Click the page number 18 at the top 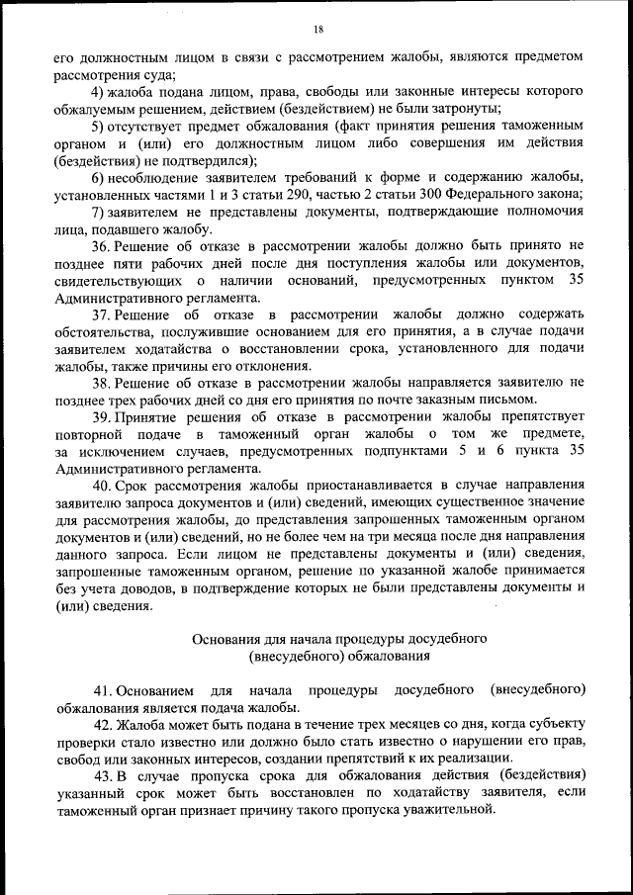point(317,28)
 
